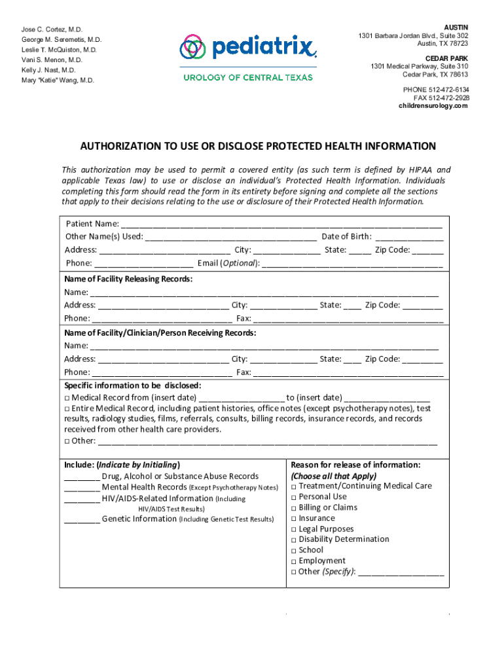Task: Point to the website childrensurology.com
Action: [x=433, y=106]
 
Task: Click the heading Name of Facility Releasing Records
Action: [x=128, y=279]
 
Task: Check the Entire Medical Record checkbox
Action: [x=67, y=408]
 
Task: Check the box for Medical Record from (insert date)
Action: [x=67, y=398]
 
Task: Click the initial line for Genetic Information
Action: [x=82, y=520]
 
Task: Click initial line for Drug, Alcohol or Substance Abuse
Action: [x=82, y=477]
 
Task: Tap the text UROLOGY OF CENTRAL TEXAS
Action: [x=247, y=77]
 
